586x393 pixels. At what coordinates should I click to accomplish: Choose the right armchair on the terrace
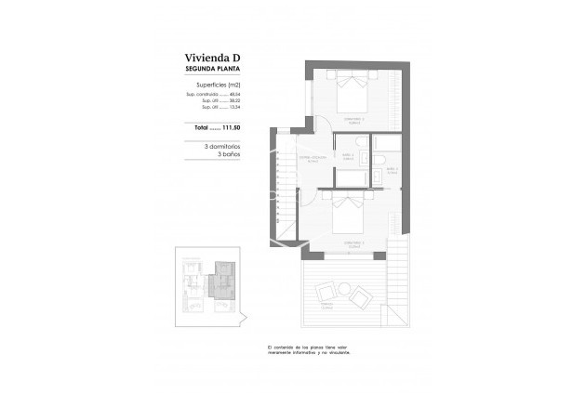point(359,297)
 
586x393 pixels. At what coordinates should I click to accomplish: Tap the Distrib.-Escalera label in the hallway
point(312,159)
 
